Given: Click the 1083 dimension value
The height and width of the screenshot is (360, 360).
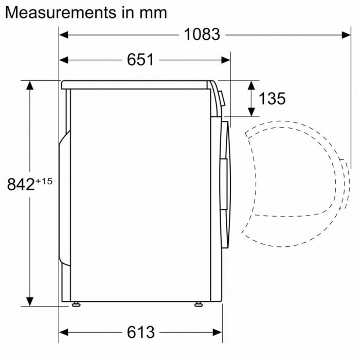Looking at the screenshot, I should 202,34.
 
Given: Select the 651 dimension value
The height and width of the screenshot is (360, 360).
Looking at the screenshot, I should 140,60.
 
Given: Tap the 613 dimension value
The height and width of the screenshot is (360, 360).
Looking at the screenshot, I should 140,332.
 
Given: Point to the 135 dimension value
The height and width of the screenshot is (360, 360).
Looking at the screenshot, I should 272,98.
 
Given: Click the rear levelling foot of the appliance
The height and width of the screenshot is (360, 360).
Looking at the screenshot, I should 76,304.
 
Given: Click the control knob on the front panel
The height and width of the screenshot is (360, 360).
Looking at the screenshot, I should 222,98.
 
